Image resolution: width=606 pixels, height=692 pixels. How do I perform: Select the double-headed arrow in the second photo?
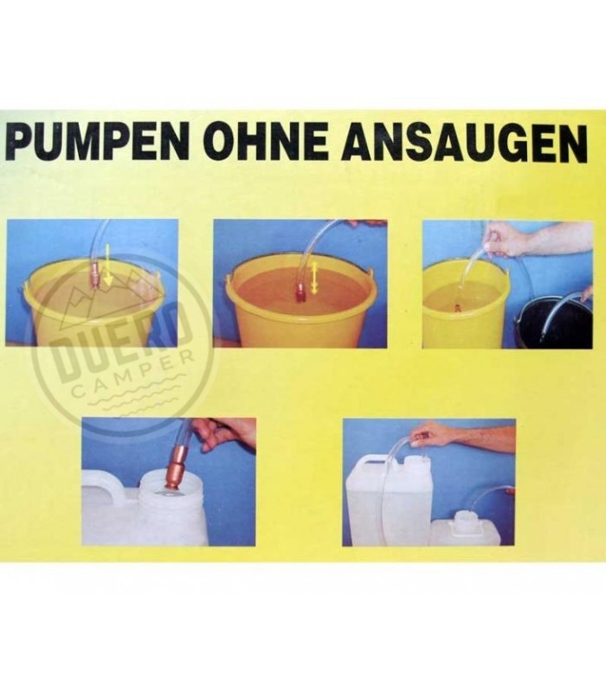point(314,278)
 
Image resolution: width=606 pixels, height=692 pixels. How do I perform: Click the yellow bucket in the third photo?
point(465,304)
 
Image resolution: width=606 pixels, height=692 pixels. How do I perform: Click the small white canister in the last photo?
point(471,529)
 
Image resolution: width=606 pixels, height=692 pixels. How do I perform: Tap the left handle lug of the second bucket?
point(229,280)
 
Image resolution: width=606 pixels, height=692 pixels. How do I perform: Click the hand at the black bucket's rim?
point(587,293)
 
